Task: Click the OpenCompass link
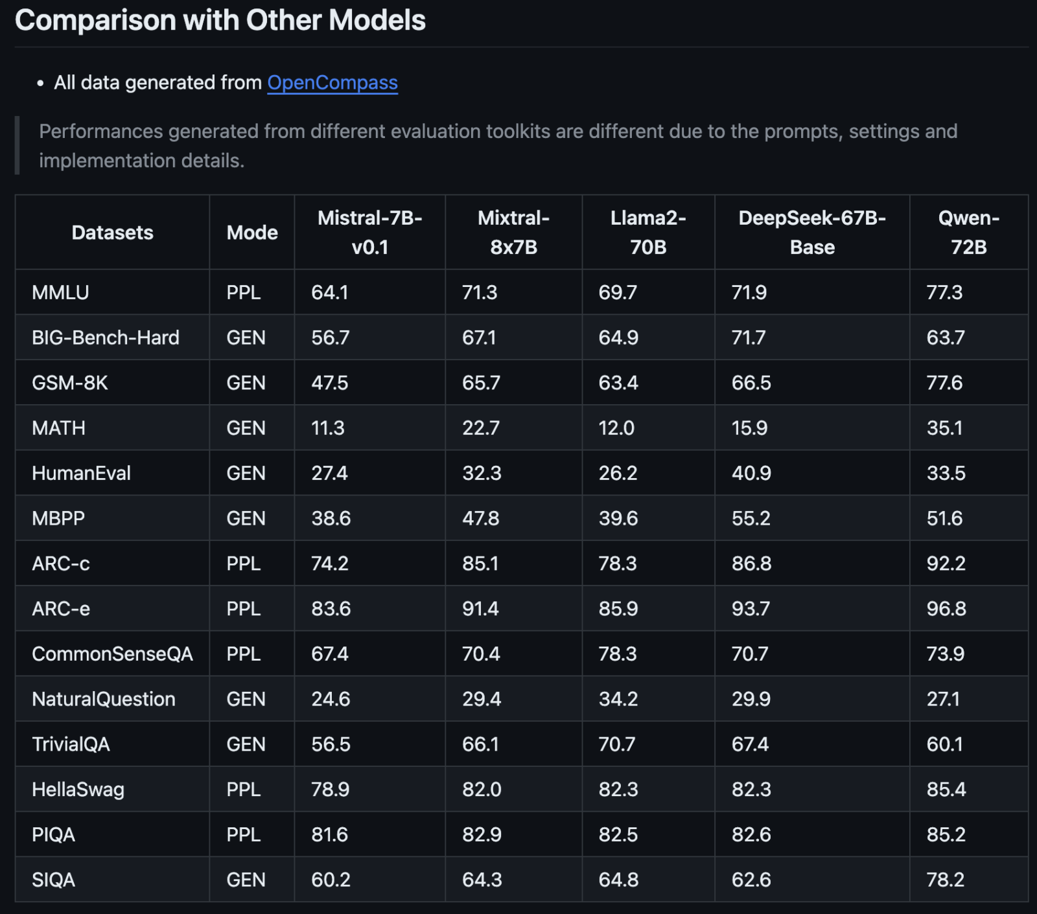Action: tap(332, 83)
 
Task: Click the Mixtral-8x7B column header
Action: tap(513, 233)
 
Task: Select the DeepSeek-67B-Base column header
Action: tap(812, 233)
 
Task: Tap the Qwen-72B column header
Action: tap(968, 233)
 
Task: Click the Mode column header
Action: tap(252, 233)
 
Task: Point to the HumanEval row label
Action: tap(82, 474)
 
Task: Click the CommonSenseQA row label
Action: tap(113, 654)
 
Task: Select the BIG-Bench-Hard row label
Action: tap(106, 338)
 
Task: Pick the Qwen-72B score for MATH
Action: tap(944, 428)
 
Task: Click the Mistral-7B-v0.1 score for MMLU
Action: tap(330, 293)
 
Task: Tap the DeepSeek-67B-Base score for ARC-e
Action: tap(751, 609)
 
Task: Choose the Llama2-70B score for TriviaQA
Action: tap(616, 744)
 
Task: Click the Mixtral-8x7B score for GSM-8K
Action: tap(481, 383)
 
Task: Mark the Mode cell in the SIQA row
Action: tap(246, 880)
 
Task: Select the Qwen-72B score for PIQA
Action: tap(946, 835)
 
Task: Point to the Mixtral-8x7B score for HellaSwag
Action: tap(482, 790)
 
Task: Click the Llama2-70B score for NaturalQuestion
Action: tap(618, 700)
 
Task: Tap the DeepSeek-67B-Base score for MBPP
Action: tap(751, 519)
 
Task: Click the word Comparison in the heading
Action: tap(95, 21)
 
